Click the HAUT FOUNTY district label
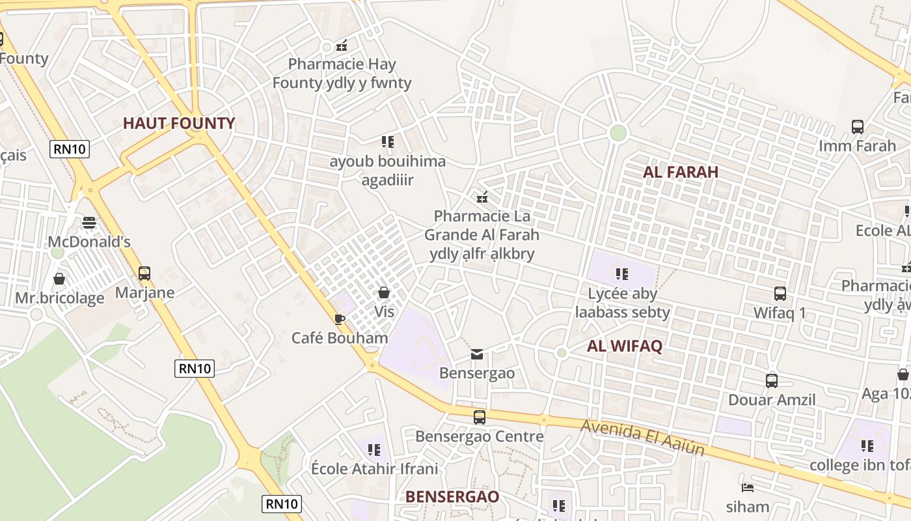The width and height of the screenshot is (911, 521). [179, 123]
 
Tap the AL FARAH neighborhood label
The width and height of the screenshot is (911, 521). [681, 172]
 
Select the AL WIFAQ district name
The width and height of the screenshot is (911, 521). [625, 346]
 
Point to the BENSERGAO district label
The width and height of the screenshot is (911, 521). [452, 496]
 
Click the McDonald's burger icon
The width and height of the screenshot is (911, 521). [89, 223]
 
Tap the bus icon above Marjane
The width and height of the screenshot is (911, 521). [144, 274]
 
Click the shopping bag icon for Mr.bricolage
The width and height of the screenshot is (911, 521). [59, 279]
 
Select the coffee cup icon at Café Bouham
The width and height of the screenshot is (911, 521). [339, 318]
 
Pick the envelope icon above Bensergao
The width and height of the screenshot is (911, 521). [477, 354]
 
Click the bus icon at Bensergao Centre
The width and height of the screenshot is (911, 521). [480, 417]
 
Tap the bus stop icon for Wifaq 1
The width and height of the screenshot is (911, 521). [780, 294]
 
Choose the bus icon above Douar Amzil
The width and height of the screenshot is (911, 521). [772, 380]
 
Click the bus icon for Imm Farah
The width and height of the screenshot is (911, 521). [858, 126]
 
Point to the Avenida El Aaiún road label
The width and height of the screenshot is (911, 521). [643, 437]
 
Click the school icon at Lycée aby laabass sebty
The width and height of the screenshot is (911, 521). [621, 274]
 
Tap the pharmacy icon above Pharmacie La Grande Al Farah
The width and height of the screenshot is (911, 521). [482, 197]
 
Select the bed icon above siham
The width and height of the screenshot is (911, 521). [748, 487]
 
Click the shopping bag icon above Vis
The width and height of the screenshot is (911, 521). [384, 292]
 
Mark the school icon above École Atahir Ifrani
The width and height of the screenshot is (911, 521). [374, 449]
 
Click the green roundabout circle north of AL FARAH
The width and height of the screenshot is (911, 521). [618, 133]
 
